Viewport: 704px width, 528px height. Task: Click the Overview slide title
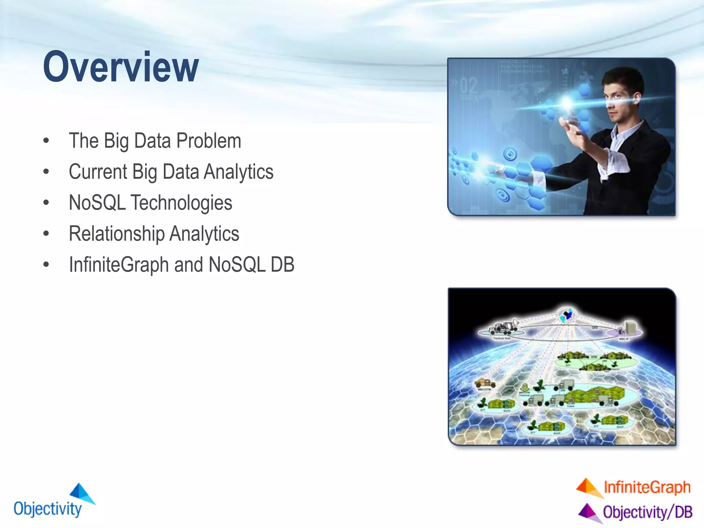click(121, 67)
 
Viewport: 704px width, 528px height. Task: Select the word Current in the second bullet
click(98, 172)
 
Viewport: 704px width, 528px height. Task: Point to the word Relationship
click(117, 234)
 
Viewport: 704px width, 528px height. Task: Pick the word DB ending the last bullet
click(282, 265)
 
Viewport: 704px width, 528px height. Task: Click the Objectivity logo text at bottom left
click(47, 509)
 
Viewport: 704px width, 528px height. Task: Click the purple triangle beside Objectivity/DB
click(589, 512)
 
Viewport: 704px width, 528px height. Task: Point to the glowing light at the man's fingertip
click(566, 102)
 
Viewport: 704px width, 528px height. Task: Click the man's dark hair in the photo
click(624, 77)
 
